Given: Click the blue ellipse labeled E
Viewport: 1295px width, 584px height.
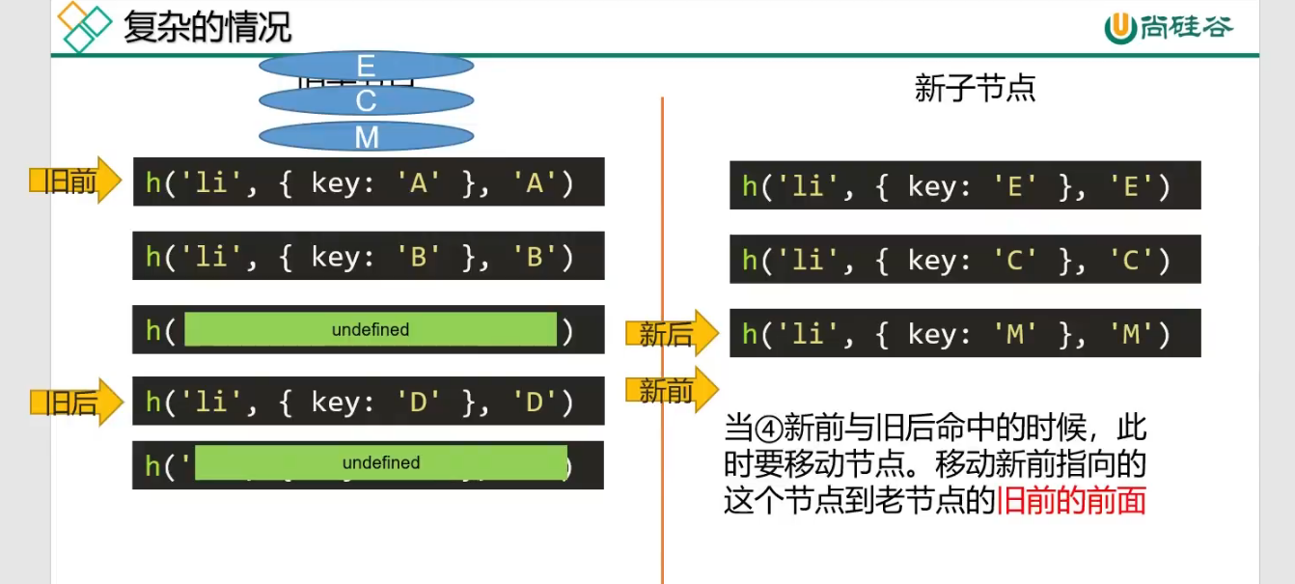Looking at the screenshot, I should pos(366,66).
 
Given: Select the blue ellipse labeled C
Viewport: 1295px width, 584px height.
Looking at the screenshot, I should pos(366,100).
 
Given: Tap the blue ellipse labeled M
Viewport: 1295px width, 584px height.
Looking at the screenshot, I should pos(366,137).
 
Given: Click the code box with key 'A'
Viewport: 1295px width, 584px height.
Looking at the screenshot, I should pos(369,182).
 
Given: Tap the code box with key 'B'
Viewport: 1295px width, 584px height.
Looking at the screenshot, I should pos(369,256).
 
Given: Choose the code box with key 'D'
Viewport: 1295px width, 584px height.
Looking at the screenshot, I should pos(369,401).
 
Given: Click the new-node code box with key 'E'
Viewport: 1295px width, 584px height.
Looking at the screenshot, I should pos(965,185).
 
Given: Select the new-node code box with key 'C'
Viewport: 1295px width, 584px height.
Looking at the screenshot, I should pos(965,259).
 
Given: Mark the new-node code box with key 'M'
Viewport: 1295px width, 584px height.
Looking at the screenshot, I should pos(965,333).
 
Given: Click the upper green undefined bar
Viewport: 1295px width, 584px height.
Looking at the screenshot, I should pos(371,329).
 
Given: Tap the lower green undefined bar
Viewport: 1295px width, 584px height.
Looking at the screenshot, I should pos(381,462).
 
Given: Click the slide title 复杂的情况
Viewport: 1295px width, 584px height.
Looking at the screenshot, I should pos(207,27).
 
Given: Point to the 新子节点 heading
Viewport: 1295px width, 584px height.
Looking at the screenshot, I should pos(975,89).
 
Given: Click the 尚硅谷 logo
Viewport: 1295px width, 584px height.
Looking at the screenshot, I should pos(1169,27).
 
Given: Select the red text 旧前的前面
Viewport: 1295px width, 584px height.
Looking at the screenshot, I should pos(1071,501).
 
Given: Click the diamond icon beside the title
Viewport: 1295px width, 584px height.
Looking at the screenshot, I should pos(84,27).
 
